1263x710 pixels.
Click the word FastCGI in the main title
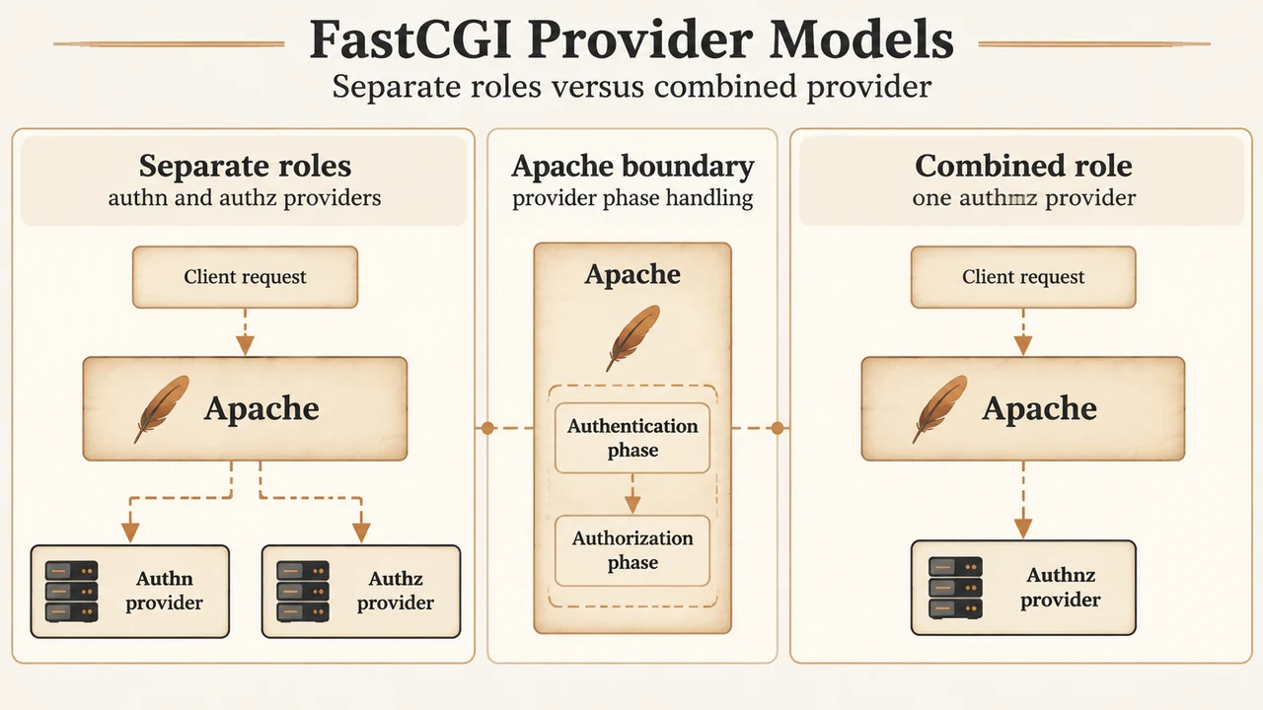[410, 39]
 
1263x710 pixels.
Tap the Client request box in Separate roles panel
[246, 277]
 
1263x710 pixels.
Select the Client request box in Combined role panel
[1023, 277]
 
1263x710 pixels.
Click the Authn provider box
[130, 591]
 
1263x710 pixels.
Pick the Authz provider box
[361, 591]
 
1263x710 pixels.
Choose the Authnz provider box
[1023, 588]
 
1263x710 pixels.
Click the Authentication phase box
[632, 438]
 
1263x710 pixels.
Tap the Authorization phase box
[632, 550]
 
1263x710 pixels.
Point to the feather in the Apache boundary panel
[632, 337]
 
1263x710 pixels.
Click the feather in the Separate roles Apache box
[162, 409]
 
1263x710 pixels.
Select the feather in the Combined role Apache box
[940, 409]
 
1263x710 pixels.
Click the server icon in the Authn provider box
[72, 591]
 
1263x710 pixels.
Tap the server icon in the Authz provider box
[303, 591]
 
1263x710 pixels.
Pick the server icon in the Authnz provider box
[956, 588]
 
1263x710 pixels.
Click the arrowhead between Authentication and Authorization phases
[632, 504]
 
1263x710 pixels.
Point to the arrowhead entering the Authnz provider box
[1023, 528]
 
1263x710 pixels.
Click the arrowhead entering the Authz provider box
[361, 532]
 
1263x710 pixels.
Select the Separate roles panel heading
[246, 166]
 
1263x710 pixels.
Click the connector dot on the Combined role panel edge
[778, 428]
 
